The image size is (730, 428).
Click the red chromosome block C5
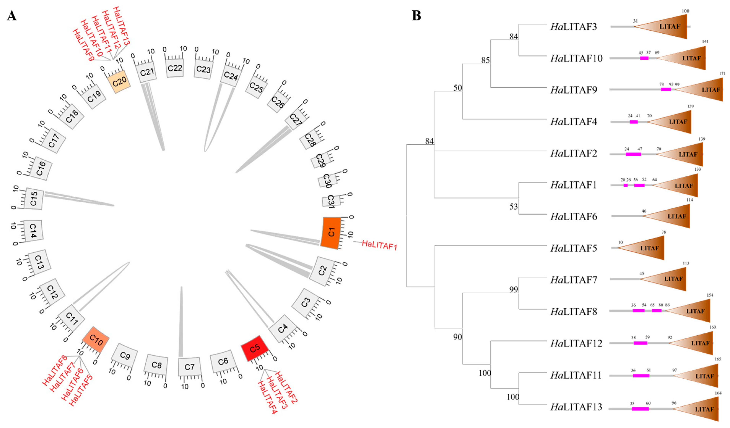pyautogui.click(x=255, y=348)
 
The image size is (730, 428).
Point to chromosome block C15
pyautogui.click(x=34, y=199)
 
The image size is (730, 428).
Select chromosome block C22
pyautogui.click(x=175, y=68)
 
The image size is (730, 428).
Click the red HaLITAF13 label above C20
pyautogui.click(x=121, y=26)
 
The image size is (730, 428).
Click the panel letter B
pyautogui.click(x=416, y=16)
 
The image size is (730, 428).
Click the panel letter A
pyautogui.click(x=12, y=16)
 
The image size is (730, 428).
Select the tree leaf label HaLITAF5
pyautogui.click(x=574, y=248)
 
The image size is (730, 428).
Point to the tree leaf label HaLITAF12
pyautogui.click(x=576, y=343)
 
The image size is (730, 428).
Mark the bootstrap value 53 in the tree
pyautogui.click(x=514, y=207)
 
